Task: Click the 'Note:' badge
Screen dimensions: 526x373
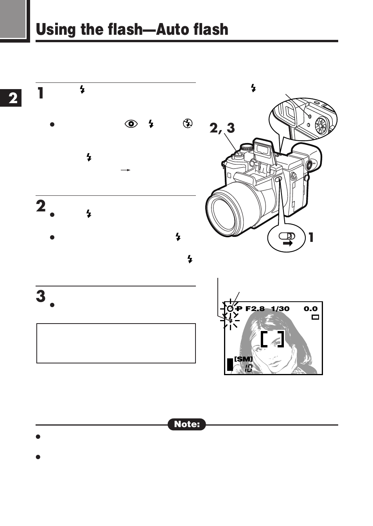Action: click(x=187, y=424)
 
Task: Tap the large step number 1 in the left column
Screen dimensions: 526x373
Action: click(x=40, y=93)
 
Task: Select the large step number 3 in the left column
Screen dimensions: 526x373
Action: click(x=41, y=296)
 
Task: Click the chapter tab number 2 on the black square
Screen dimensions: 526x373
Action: click(x=13, y=98)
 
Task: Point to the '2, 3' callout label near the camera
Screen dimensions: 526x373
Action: click(x=222, y=128)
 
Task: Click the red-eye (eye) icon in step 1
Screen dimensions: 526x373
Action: click(x=131, y=124)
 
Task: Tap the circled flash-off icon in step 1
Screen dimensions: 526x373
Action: click(x=188, y=123)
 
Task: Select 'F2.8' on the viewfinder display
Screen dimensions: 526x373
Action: click(x=255, y=309)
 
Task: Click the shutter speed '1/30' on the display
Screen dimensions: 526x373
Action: click(x=280, y=309)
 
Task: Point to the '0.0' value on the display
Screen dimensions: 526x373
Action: click(x=310, y=309)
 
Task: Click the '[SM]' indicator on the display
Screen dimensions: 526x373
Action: click(x=243, y=359)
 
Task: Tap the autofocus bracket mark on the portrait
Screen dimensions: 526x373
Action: click(x=272, y=339)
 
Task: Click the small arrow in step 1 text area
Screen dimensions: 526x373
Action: click(x=125, y=170)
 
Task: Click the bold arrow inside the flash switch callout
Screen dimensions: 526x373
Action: click(x=287, y=243)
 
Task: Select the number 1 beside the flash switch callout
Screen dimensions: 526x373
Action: click(x=311, y=237)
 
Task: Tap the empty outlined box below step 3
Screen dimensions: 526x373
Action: click(x=116, y=343)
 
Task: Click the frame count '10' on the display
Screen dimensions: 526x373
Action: click(x=248, y=368)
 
